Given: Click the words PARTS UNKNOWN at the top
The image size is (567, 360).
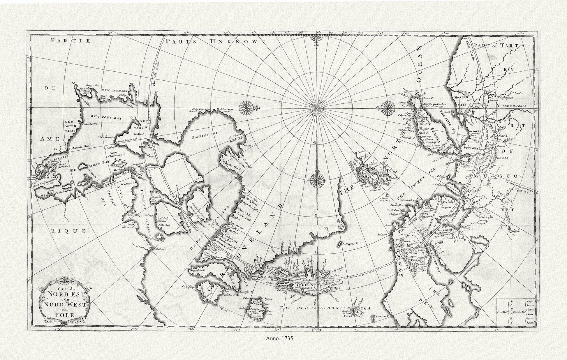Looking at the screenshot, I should tap(215, 41).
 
